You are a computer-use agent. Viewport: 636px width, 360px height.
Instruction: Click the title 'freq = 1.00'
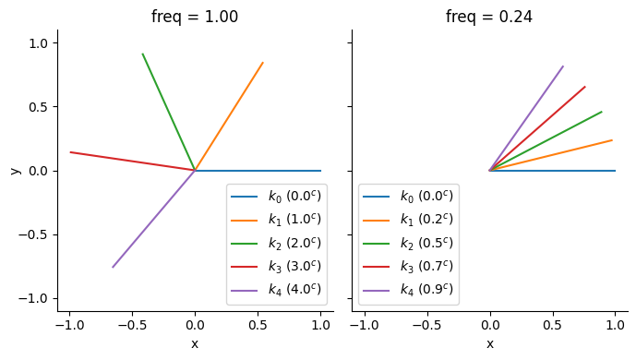(194, 17)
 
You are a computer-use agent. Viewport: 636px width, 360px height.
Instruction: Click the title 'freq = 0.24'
(488, 17)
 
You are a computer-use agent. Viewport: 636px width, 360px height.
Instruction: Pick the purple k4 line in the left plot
(153, 219)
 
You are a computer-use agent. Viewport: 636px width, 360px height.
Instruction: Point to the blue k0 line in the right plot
(554, 171)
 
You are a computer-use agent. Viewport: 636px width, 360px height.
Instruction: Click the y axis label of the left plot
(14, 171)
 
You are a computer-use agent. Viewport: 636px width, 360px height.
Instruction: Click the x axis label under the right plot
(489, 344)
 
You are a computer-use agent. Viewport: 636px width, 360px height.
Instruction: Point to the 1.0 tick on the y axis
(43, 43)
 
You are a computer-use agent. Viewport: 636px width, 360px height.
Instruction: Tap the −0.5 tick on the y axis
(39, 234)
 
